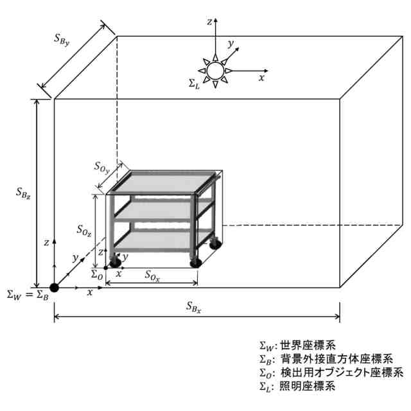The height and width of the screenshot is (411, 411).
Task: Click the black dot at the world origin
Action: click(54, 287)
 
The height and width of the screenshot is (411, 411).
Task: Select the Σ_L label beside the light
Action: click(193, 83)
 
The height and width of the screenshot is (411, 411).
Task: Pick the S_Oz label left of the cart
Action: click(83, 229)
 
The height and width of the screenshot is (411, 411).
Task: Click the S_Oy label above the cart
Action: click(101, 168)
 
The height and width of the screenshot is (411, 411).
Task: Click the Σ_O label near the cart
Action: click(96, 275)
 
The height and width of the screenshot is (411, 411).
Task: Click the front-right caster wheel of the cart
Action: click(195, 261)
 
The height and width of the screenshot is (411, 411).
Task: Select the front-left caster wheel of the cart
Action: click(116, 261)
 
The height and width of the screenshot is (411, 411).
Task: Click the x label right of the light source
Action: click(261, 77)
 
